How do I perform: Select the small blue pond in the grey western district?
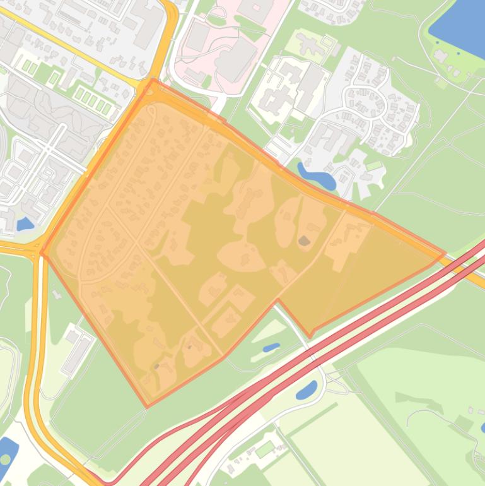click(25, 223)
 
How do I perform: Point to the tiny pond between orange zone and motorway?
click(271, 347)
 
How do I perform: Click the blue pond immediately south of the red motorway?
click(307, 390)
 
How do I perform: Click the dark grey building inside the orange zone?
click(304, 240)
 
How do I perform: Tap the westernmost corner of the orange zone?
click(42, 254)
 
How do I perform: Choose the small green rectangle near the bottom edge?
click(265, 449)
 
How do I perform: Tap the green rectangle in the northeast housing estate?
click(375, 166)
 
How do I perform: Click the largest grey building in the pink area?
click(235, 59)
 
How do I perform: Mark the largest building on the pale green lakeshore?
click(441, 57)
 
